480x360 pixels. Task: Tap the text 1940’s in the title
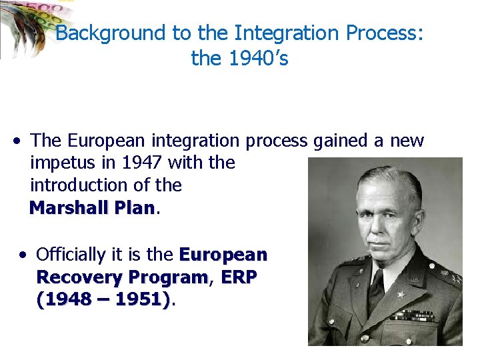[259, 59]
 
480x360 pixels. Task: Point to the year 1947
[143, 163]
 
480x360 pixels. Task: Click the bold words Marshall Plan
[91, 208]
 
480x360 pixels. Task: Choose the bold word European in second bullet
[223, 255]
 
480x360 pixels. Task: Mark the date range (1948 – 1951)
[103, 300]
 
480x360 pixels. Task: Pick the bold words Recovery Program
[122, 277]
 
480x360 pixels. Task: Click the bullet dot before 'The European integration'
[16, 141]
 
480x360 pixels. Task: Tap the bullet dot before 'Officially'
[23, 255]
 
